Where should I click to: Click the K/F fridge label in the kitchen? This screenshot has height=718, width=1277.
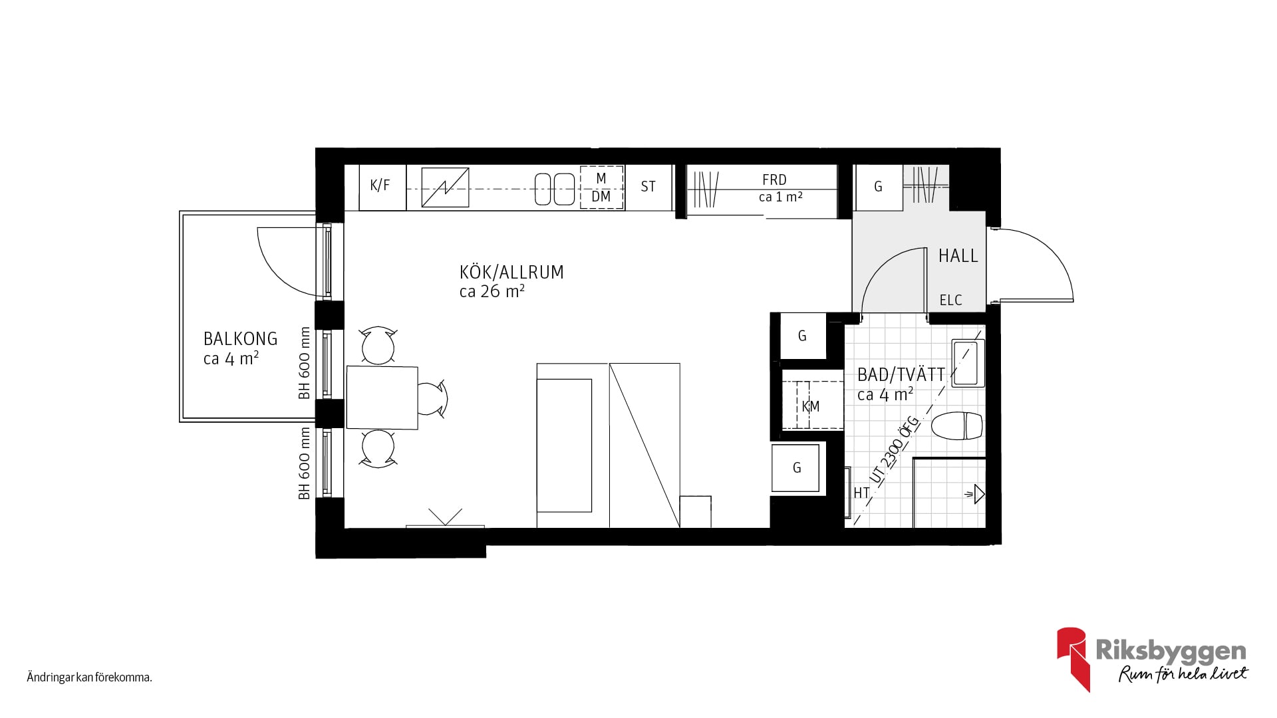click(380, 185)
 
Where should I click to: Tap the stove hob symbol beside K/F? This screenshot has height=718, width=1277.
click(445, 187)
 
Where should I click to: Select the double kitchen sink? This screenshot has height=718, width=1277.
click(555, 189)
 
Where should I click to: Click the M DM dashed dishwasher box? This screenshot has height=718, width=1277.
click(601, 187)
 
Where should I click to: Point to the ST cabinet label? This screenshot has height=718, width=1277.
click(648, 187)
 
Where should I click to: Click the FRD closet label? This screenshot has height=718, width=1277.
click(774, 179)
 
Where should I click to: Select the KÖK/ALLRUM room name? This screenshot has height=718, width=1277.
click(511, 272)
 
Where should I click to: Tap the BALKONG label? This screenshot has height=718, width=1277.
click(240, 338)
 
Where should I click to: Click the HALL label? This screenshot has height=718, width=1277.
click(958, 255)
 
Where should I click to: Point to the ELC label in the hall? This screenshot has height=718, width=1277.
click(951, 300)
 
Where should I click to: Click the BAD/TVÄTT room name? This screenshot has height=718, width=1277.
click(901, 374)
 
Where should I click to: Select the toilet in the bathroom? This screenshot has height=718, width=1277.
click(957, 426)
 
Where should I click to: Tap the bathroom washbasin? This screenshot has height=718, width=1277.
click(968, 363)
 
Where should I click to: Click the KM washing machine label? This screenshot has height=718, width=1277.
click(811, 406)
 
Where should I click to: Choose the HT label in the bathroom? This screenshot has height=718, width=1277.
click(861, 493)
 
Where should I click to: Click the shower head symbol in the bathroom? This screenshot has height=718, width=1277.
click(976, 494)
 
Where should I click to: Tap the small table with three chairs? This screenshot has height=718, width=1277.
click(382, 398)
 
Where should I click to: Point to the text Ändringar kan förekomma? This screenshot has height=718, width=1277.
click(90, 678)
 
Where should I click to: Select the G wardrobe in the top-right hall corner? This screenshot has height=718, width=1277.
click(878, 187)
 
